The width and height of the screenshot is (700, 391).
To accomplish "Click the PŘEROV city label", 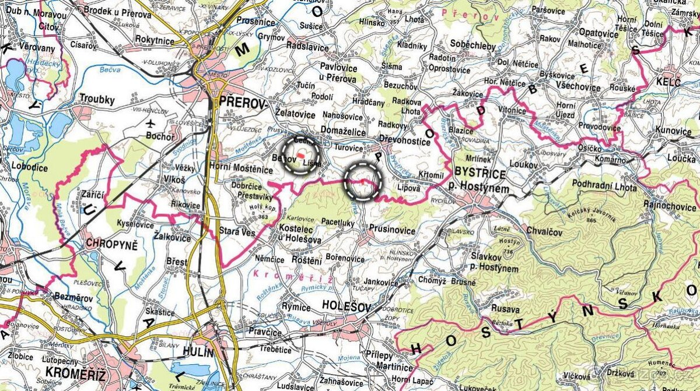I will point(242,103).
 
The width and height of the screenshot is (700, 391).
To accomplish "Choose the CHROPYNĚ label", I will point(112,244).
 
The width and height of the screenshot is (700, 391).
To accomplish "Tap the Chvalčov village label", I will point(543,231).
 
